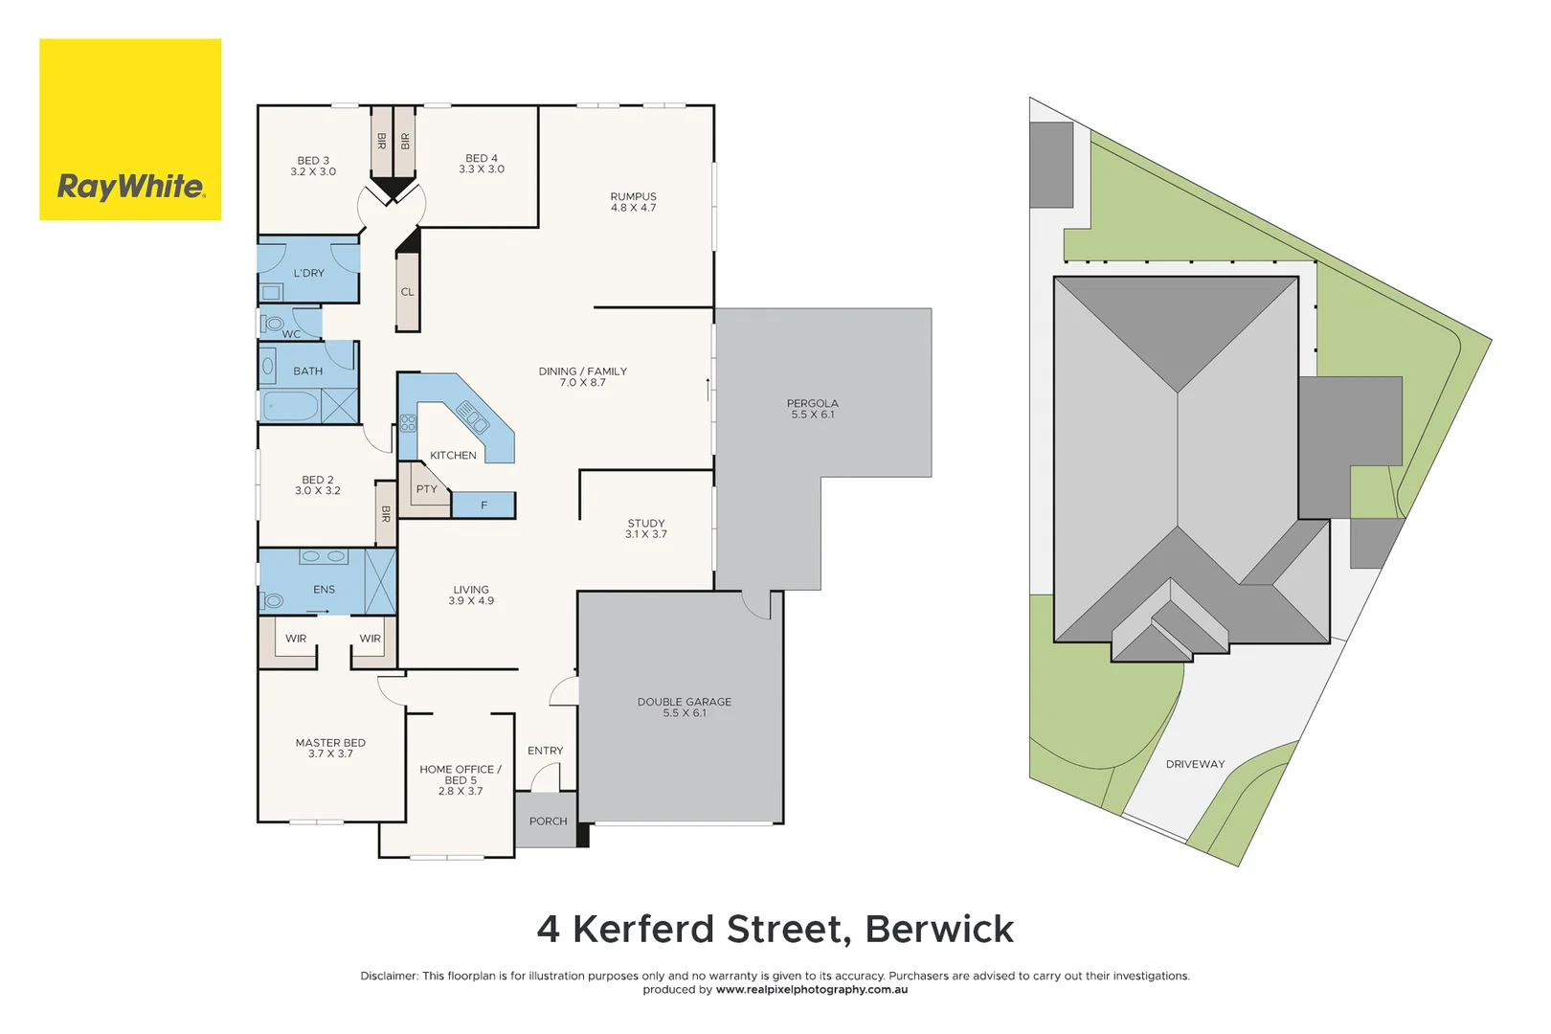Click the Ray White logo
(130, 129)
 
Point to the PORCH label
(548, 821)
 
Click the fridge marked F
(483, 505)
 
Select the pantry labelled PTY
(426, 489)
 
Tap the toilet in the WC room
(274, 324)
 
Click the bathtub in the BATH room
(290, 406)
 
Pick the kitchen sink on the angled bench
(472, 417)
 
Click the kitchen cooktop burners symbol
(409, 422)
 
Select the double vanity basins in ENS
(323, 556)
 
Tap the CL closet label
(408, 292)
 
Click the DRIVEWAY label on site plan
(1195, 764)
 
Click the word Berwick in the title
(938, 929)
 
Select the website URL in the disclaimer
(811, 990)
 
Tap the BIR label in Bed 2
(386, 514)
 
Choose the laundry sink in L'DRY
(271, 292)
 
